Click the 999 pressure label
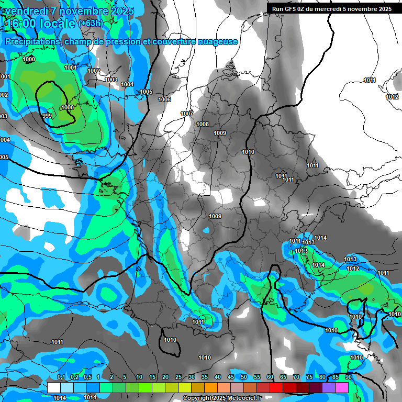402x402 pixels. click(x=47, y=116)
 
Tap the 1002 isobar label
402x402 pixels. click(x=94, y=71)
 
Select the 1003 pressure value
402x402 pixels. click(x=111, y=80)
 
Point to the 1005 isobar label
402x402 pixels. click(x=146, y=92)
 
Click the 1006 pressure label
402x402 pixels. click(x=164, y=99)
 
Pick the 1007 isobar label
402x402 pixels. click(x=187, y=114)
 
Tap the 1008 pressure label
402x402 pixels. click(x=203, y=124)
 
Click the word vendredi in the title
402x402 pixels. click(x=28, y=11)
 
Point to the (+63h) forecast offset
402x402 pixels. click(x=91, y=24)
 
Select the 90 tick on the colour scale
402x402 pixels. click(x=348, y=377)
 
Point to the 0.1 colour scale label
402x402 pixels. click(x=61, y=377)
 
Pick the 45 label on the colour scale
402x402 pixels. click(x=231, y=377)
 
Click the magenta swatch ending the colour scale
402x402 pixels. click(x=342, y=387)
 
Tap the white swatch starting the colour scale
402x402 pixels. click(x=54, y=387)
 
